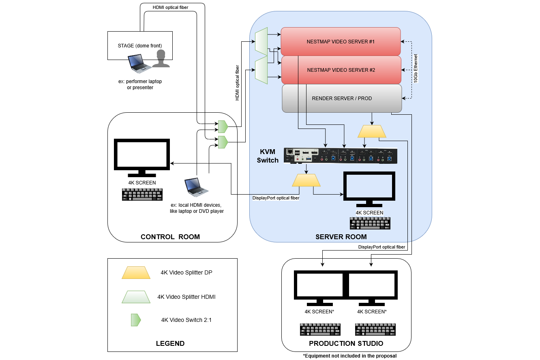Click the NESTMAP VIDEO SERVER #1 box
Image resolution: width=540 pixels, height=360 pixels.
pyautogui.click(x=341, y=41)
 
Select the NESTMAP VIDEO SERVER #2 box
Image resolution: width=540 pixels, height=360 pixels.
pyautogui.click(x=341, y=70)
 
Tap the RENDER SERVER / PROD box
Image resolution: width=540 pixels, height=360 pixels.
pyautogui.click(x=342, y=98)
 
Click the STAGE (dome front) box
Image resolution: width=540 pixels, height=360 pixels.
pyautogui.click(x=140, y=45)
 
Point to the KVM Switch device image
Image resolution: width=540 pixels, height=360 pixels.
pyautogui.click(x=341, y=156)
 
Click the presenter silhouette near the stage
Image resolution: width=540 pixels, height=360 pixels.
pyautogui.click(x=161, y=59)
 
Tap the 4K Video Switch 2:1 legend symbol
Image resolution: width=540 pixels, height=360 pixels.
pyautogui.click(x=135, y=320)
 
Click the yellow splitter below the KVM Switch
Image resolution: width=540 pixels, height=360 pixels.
pyautogui.click(x=306, y=180)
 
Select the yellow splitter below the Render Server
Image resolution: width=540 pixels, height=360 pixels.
pyautogui.click(x=372, y=131)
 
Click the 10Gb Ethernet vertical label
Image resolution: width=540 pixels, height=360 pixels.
pyautogui.click(x=416, y=69)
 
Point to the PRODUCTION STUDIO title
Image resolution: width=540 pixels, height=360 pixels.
pyautogui.click(x=346, y=343)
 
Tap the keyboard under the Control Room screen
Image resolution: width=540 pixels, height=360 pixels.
pyautogui.click(x=142, y=195)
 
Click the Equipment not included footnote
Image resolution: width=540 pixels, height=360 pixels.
pyautogui.click(x=349, y=356)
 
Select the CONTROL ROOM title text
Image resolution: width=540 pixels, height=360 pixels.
pyautogui.click(x=170, y=237)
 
